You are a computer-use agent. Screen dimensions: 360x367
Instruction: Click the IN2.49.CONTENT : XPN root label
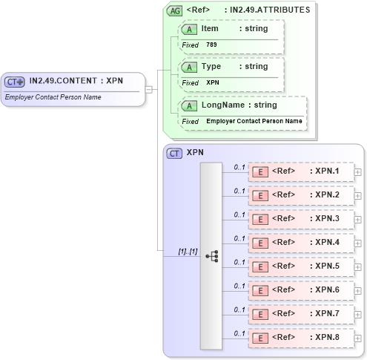(x=76, y=81)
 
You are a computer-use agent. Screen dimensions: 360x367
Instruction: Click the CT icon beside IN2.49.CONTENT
(x=15, y=82)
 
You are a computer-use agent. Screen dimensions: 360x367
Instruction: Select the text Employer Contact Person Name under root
(x=53, y=97)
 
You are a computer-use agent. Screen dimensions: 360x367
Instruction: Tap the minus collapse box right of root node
(x=149, y=90)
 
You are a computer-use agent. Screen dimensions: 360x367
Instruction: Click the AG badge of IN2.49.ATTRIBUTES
(x=175, y=10)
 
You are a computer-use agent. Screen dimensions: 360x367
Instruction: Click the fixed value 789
(x=211, y=45)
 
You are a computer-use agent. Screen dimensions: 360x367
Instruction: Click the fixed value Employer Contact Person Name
(x=254, y=121)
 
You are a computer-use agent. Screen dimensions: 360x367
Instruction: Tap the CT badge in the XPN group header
(x=175, y=153)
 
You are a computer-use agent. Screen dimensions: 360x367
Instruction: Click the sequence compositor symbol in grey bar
(x=211, y=255)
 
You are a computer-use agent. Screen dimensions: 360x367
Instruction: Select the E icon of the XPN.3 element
(x=260, y=220)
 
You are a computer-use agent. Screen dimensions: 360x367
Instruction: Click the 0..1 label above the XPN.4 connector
(x=239, y=238)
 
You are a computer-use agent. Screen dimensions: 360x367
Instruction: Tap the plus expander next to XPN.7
(x=358, y=315)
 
